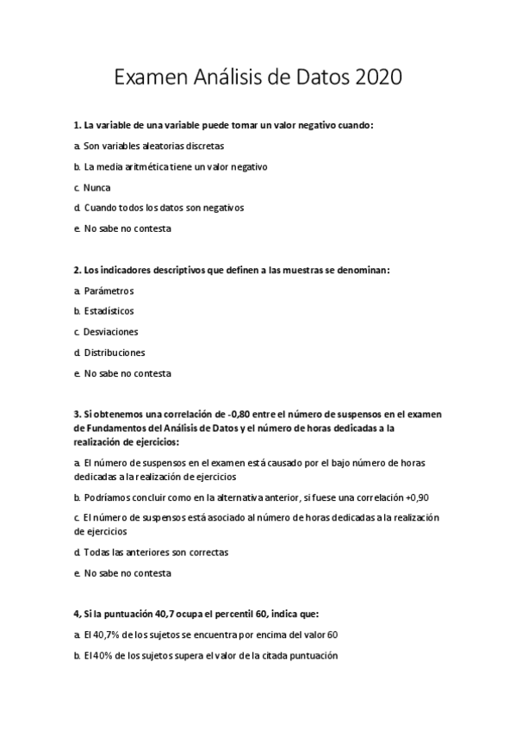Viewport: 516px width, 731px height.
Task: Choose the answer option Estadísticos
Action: [109, 311]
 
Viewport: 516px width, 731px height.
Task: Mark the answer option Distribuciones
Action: [114, 353]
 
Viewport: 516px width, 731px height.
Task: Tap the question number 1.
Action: [78, 125]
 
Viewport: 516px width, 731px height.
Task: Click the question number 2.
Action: [78, 270]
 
